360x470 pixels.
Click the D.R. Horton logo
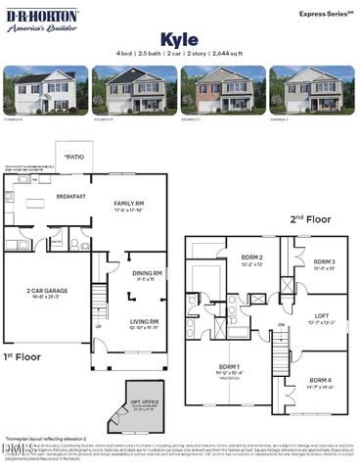tap(42, 21)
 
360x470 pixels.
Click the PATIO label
tap(74, 157)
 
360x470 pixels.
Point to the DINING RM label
tap(148, 274)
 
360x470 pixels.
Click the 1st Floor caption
tap(23, 356)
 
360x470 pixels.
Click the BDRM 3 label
tap(324, 262)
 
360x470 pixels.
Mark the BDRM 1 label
tap(233, 369)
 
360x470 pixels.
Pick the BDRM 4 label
tap(322, 381)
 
